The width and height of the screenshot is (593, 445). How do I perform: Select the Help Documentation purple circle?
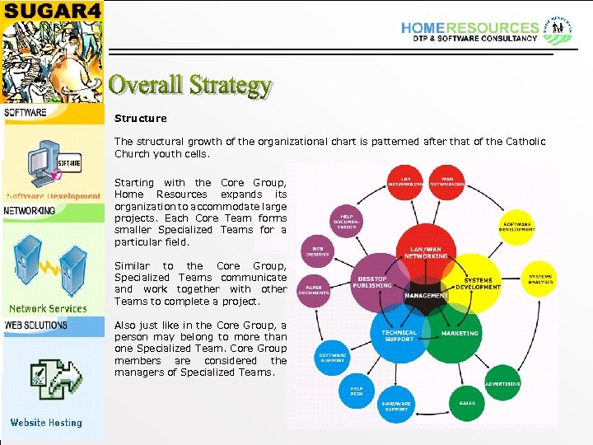click(346, 222)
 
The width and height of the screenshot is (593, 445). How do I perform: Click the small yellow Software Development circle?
click(517, 226)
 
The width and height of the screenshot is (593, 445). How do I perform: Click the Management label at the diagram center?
click(426, 295)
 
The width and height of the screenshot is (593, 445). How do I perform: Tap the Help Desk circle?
click(357, 391)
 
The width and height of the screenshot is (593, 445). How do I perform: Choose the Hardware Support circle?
click(396, 406)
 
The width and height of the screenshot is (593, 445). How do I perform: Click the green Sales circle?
click(467, 403)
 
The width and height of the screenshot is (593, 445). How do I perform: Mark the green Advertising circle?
click(502, 384)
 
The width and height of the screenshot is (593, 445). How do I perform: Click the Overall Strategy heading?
click(190, 85)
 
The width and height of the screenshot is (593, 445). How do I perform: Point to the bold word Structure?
click(140, 119)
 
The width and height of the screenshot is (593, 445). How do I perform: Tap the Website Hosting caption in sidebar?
click(46, 423)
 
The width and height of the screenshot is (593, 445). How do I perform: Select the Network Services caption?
click(48, 309)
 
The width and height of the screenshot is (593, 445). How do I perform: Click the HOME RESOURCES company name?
click(469, 28)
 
